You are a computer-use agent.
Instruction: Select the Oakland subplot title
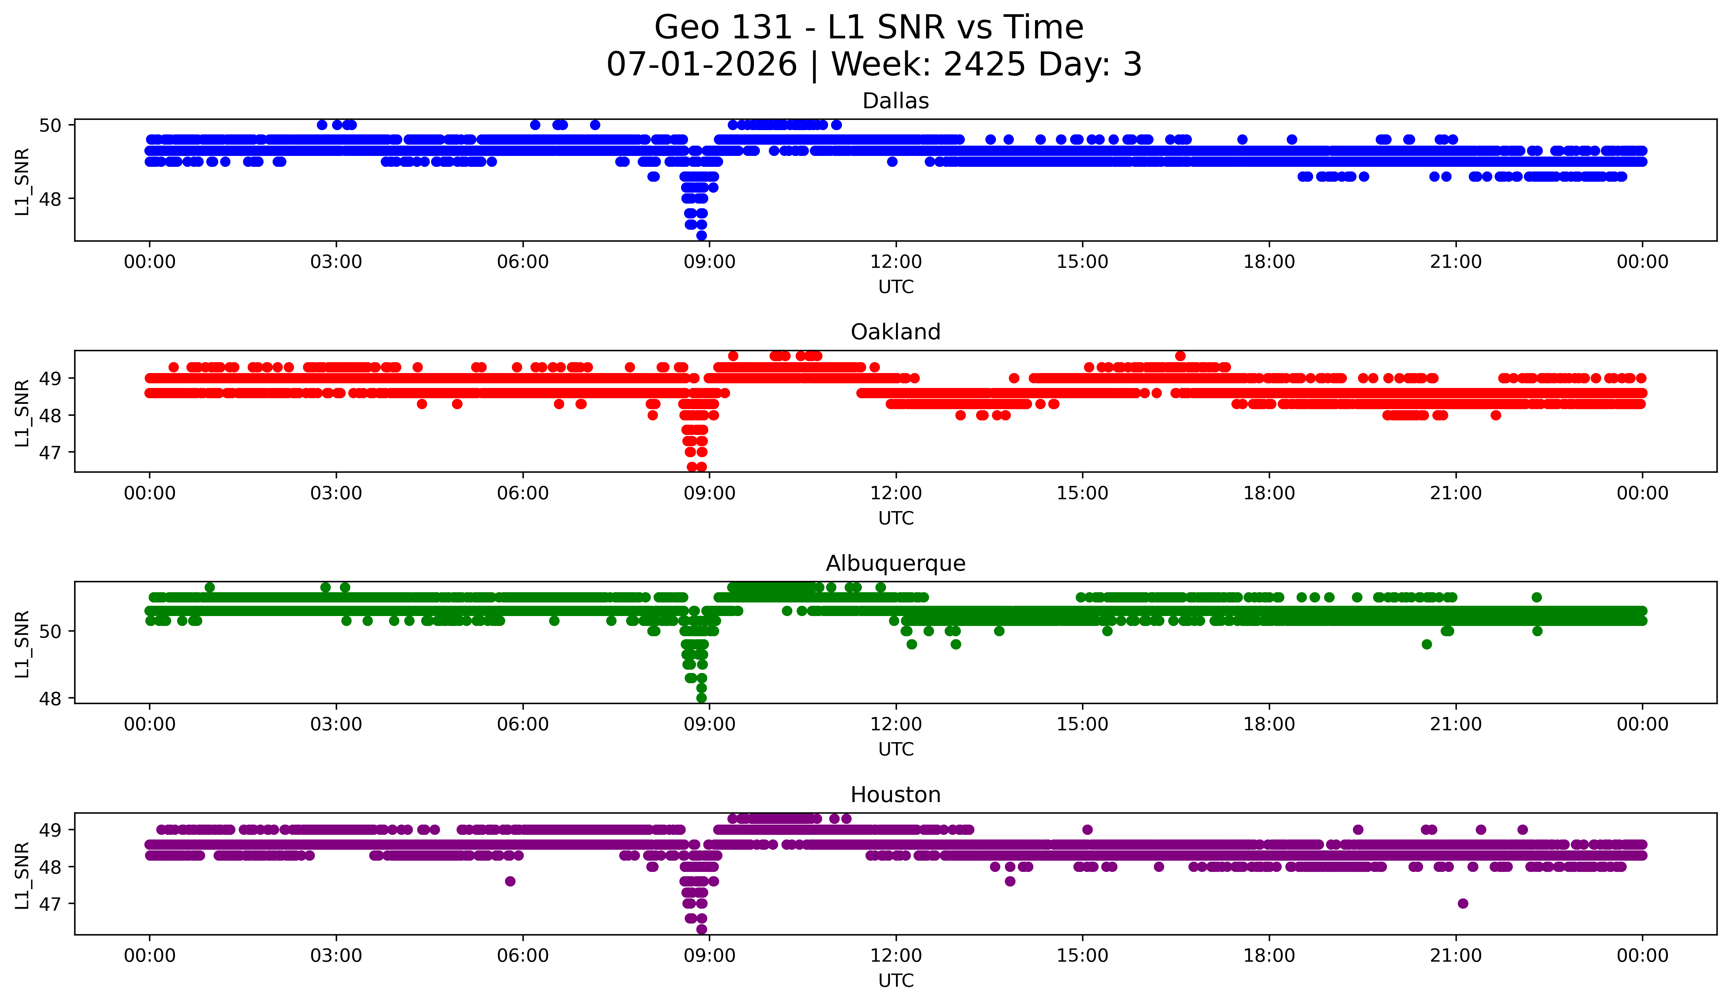(x=895, y=332)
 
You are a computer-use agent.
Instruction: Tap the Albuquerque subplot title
(x=895, y=563)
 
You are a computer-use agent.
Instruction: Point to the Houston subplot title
(x=895, y=795)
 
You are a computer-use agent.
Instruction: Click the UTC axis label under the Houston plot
(x=896, y=981)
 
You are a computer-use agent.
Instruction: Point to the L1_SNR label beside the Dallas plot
(x=22, y=182)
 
